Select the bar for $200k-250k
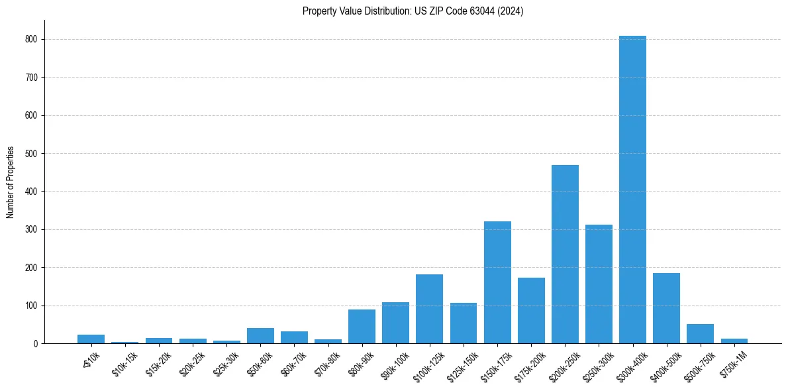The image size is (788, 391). tap(565, 254)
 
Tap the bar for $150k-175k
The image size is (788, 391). tap(497, 282)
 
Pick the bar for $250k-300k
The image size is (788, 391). tap(599, 284)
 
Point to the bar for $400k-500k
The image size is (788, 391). tap(666, 308)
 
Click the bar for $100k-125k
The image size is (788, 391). tap(429, 309)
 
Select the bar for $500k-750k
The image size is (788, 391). tap(700, 334)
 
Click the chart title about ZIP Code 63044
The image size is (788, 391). tap(413, 11)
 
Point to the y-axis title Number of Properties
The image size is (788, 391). tap(11, 182)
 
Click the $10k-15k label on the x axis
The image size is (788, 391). tap(124, 363)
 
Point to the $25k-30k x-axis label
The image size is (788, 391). tap(225, 363)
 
